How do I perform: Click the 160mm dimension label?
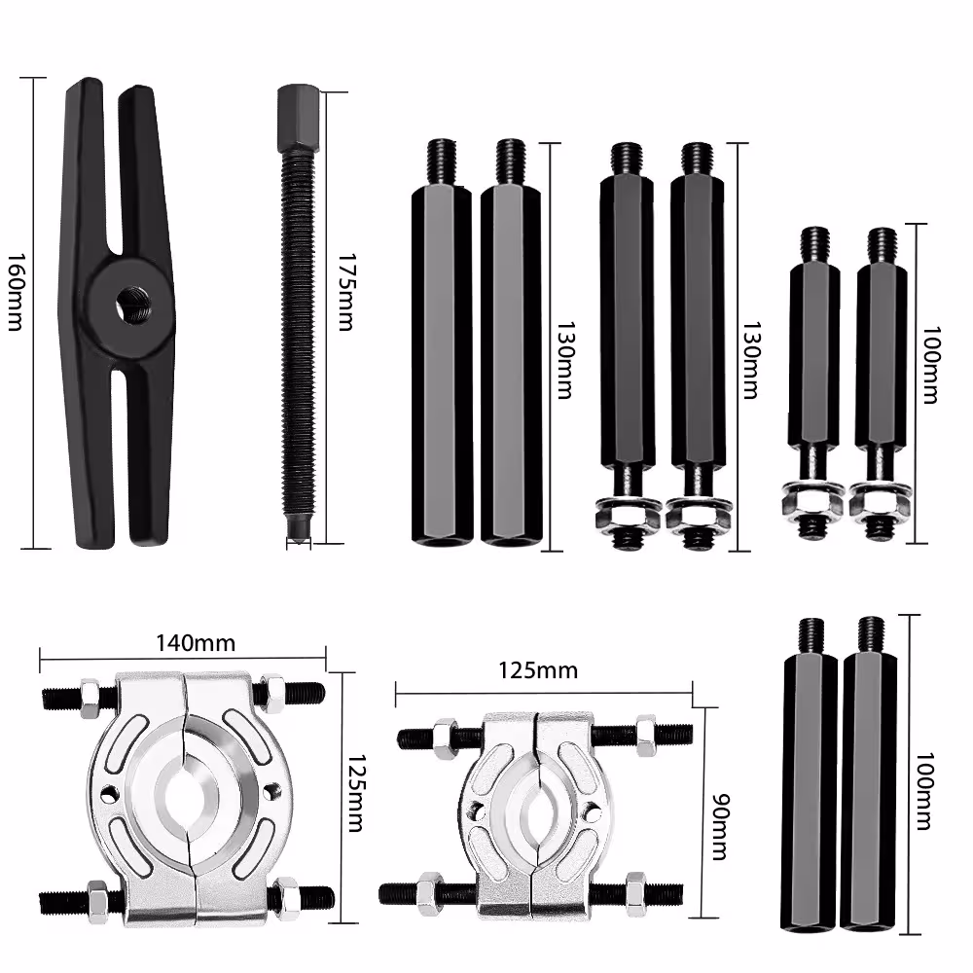(16, 292)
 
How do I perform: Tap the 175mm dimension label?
(345, 292)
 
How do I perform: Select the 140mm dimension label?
(196, 643)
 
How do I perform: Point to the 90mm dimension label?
(720, 826)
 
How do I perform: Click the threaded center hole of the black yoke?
(132, 305)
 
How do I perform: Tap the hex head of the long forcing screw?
(299, 120)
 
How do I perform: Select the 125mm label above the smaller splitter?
(538, 670)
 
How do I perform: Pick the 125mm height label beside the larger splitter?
(355, 793)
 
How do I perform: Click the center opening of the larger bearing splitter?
(187, 799)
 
